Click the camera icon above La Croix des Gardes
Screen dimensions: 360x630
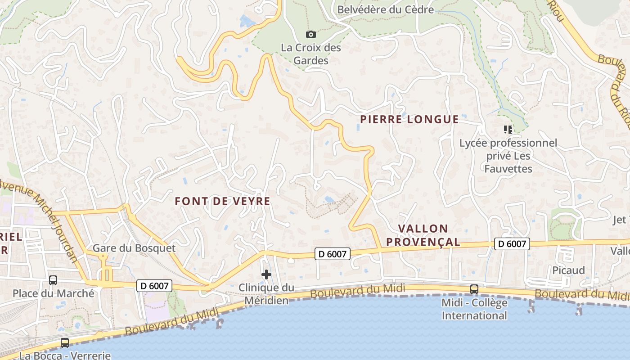pyautogui.click(x=310, y=34)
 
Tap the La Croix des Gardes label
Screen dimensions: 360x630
pyautogui.click(x=311, y=54)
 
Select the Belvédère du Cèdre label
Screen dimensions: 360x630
pyautogui.click(x=385, y=9)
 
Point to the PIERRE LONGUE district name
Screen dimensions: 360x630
pyautogui.click(x=409, y=119)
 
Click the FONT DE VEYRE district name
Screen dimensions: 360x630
pyautogui.click(x=223, y=201)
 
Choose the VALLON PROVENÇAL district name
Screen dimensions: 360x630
pyautogui.click(x=423, y=235)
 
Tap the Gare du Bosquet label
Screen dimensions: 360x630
pyautogui.click(x=134, y=248)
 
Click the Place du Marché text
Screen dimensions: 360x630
pyautogui.click(x=54, y=293)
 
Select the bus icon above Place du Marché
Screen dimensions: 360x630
pyautogui.click(x=53, y=280)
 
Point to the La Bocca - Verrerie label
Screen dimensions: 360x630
pyautogui.click(x=65, y=355)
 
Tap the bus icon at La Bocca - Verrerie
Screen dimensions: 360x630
pyautogui.click(x=65, y=343)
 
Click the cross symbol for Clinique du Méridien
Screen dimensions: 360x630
pyautogui.click(x=266, y=274)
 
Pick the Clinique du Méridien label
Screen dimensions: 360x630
pyautogui.click(x=266, y=294)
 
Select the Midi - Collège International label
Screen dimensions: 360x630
pyautogui.click(x=474, y=309)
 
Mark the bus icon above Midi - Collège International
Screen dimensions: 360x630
pyautogui.click(x=474, y=289)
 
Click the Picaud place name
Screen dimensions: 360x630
pyautogui.click(x=569, y=270)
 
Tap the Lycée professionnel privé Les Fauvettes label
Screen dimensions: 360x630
pyautogui.click(x=508, y=156)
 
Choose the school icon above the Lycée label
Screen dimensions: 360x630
pyautogui.click(x=508, y=130)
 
